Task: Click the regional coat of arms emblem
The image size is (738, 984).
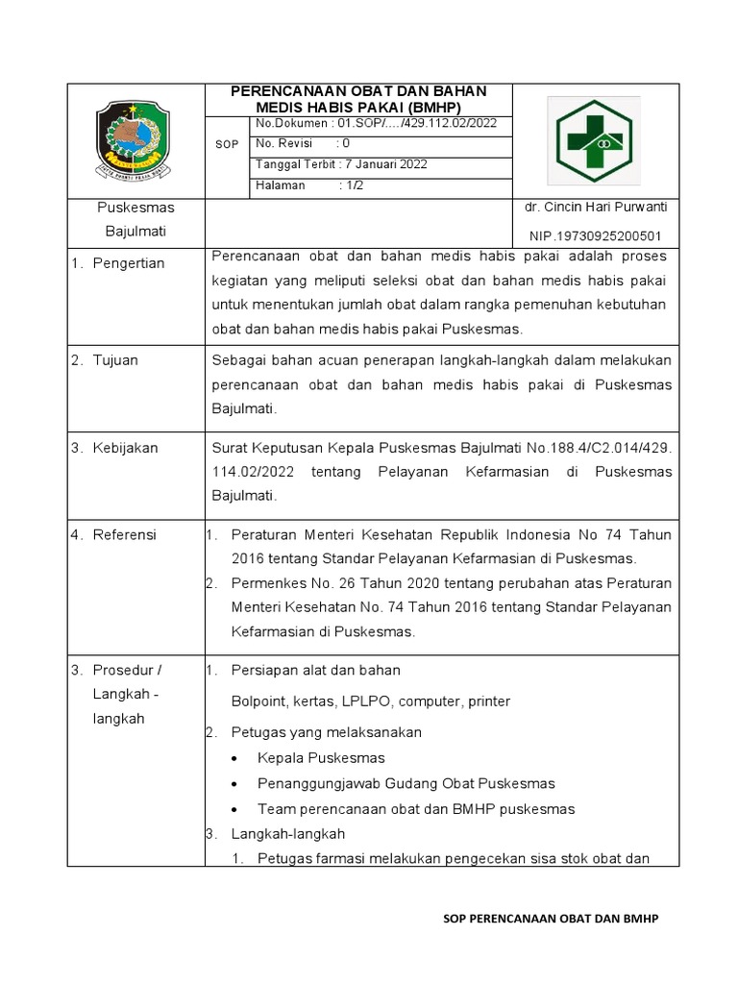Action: click(135, 140)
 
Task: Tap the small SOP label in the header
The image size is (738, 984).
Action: click(226, 144)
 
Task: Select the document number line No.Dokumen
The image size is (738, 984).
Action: click(375, 124)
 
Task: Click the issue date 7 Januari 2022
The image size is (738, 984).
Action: click(341, 164)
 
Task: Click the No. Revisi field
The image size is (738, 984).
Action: click(303, 144)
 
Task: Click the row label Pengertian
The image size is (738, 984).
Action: click(129, 263)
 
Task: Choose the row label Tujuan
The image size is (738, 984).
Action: click(115, 360)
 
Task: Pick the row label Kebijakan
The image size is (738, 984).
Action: click(125, 448)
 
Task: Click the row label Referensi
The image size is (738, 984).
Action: click(124, 535)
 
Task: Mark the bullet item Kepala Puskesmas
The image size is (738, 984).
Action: click(321, 758)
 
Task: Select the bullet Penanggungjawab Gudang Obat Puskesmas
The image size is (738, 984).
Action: click(406, 783)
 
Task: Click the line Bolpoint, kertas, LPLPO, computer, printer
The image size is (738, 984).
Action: click(371, 701)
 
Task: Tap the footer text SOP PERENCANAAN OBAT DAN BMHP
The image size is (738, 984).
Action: click(550, 919)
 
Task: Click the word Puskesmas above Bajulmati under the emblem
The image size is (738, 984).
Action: click(135, 208)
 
